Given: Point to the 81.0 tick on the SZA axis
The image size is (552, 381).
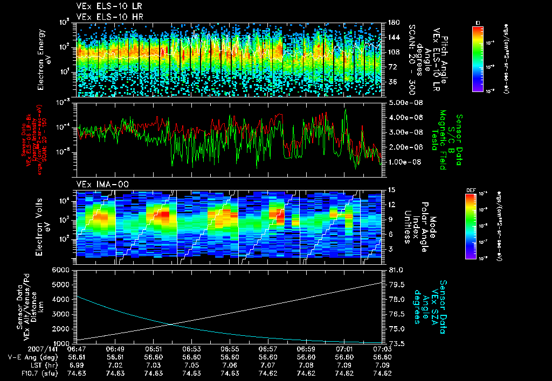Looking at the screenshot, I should [x=392, y=270].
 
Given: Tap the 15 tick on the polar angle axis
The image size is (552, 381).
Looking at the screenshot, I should [x=391, y=190].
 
